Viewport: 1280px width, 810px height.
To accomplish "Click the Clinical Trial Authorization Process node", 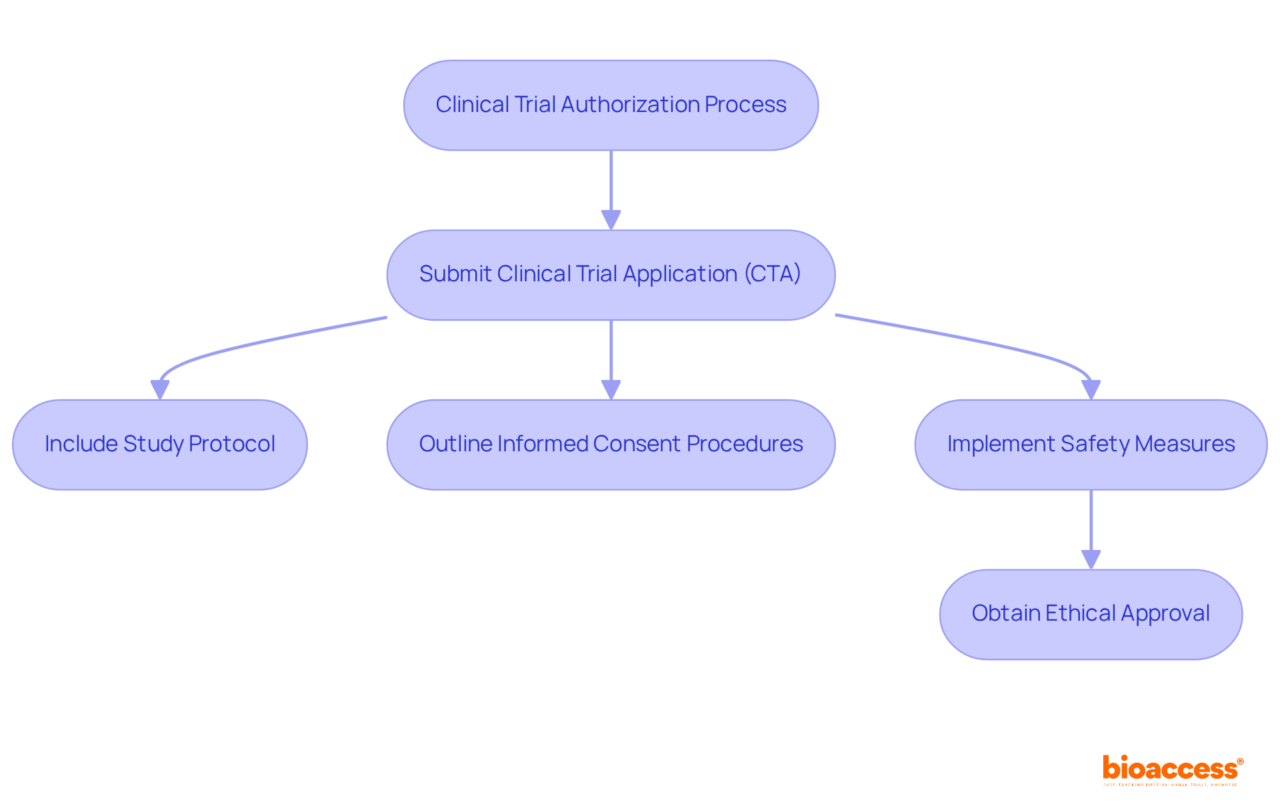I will click(x=611, y=105).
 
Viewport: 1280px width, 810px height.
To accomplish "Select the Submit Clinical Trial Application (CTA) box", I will click(x=611, y=275).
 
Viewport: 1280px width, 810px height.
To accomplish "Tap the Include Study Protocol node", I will click(x=160, y=445).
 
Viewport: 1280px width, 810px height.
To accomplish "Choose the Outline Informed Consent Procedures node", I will click(x=611, y=445).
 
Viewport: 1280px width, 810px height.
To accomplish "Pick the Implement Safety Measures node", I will click(x=1091, y=445).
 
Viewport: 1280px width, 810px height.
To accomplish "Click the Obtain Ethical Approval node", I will click(x=1091, y=614).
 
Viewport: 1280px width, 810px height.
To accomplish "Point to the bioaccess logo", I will click(x=1171, y=768).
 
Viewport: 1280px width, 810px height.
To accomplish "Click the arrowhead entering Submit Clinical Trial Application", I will click(x=611, y=220).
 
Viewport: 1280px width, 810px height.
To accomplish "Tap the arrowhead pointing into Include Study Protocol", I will click(x=160, y=389).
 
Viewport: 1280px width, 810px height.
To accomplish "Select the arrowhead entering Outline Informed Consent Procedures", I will click(x=611, y=389).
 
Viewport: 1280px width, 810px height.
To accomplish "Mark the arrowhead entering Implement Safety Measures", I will click(x=1091, y=389).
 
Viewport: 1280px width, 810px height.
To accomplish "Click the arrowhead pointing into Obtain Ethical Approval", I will click(x=1091, y=559).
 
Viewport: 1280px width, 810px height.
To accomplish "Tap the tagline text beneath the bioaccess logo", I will click(x=1170, y=785).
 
